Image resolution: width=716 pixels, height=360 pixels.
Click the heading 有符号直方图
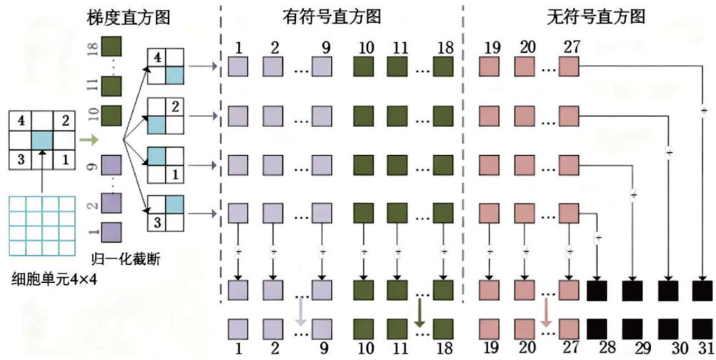pyautogui.click(x=340, y=16)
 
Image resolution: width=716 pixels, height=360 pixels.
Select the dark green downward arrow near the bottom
pyautogui.click(x=419, y=313)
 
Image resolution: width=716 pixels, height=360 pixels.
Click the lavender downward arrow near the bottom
pyautogui.click(x=301, y=313)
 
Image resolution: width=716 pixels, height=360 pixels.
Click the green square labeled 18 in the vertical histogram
pyautogui.click(x=111, y=47)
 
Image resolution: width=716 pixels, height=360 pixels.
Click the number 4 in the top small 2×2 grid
pyautogui.click(x=158, y=56)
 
